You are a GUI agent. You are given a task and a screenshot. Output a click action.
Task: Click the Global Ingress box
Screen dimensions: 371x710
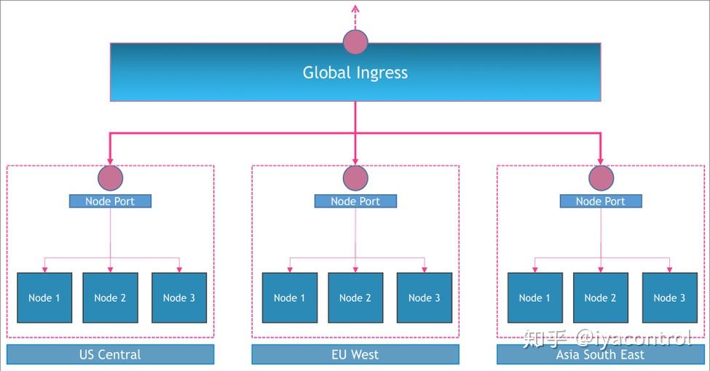click(x=355, y=73)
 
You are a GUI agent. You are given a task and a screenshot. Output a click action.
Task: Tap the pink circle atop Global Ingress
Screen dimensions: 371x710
click(x=355, y=42)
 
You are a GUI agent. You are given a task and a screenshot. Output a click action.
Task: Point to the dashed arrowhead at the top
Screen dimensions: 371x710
click(x=355, y=9)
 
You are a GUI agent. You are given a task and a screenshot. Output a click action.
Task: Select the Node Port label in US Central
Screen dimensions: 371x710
click(x=110, y=202)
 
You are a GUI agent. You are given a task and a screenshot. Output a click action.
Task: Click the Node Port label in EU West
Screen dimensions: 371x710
click(x=355, y=202)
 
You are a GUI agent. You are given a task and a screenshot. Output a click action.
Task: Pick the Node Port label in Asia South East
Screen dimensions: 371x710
click(x=601, y=202)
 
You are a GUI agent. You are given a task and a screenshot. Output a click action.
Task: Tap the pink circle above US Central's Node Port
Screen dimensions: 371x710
click(x=110, y=177)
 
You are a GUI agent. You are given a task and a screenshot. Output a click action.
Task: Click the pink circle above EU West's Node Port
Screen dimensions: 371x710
click(x=355, y=177)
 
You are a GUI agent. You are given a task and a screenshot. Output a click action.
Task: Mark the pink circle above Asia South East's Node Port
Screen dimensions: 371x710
click(x=601, y=177)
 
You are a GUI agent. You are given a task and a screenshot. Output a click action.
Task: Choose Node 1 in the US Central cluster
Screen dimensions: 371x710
click(x=44, y=298)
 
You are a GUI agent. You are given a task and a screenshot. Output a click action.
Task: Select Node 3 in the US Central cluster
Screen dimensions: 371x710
click(x=179, y=298)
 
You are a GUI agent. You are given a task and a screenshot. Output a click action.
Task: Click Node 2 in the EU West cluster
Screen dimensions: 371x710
click(x=355, y=298)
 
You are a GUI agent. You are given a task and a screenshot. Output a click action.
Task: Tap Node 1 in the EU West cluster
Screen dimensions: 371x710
click(x=290, y=298)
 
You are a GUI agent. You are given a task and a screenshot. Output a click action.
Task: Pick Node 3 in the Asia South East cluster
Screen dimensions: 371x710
click(x=669, y=298)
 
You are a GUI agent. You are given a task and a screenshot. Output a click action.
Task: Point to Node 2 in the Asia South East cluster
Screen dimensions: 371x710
click(x=601, y=298)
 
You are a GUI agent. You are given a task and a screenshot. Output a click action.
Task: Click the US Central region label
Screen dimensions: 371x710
click(x=110, y=355)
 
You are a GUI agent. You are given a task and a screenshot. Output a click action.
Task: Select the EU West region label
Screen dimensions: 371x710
click(x=355, y=355)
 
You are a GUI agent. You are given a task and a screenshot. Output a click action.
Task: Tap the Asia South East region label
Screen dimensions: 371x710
click(x=601, y=355)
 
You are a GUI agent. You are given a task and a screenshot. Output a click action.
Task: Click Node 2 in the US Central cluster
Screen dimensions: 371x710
click(x=110, y=298)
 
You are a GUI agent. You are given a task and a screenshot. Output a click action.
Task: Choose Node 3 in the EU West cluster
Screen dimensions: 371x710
click(x=425, y=298)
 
